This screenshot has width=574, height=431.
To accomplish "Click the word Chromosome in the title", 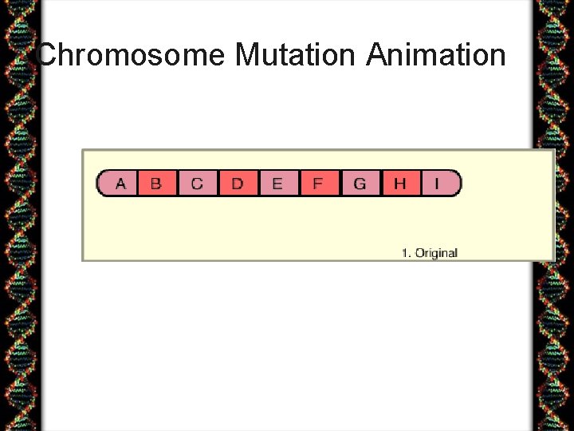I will click(x=132, y=55).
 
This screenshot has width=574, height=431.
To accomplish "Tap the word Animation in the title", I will click(x=436, y=55).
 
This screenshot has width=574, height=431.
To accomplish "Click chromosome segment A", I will click(x=120, y=184).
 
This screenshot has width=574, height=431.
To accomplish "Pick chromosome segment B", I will click(x=156, y=184).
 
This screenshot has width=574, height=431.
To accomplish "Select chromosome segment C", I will click(x=197, y=184).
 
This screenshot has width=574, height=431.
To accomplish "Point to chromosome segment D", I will click(x=238, y=184).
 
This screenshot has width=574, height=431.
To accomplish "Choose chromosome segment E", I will click(x=277, y=184).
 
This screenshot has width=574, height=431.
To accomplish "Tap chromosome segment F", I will click(x=318, y=184).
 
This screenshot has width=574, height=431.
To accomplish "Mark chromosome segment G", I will click(x=360, y=184).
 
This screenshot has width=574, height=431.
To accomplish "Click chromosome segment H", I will click(x=400, y=184).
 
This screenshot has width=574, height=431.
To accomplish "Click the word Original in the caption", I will click(x=437, y=253).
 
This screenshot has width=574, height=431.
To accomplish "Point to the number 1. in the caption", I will click(x=407, y=253).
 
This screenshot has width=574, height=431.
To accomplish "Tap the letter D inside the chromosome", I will click(x=238, y=184).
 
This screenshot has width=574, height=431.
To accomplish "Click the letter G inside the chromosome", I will click(x=360, y=184).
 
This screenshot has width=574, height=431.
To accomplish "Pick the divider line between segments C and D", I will click(x=218, y=184).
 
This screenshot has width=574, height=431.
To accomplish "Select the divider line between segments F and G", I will click(x=340, y=184).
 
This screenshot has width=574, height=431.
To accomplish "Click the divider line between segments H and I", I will click(x=420, y=184).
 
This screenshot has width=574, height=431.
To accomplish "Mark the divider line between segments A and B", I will click(x=137, y=184).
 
